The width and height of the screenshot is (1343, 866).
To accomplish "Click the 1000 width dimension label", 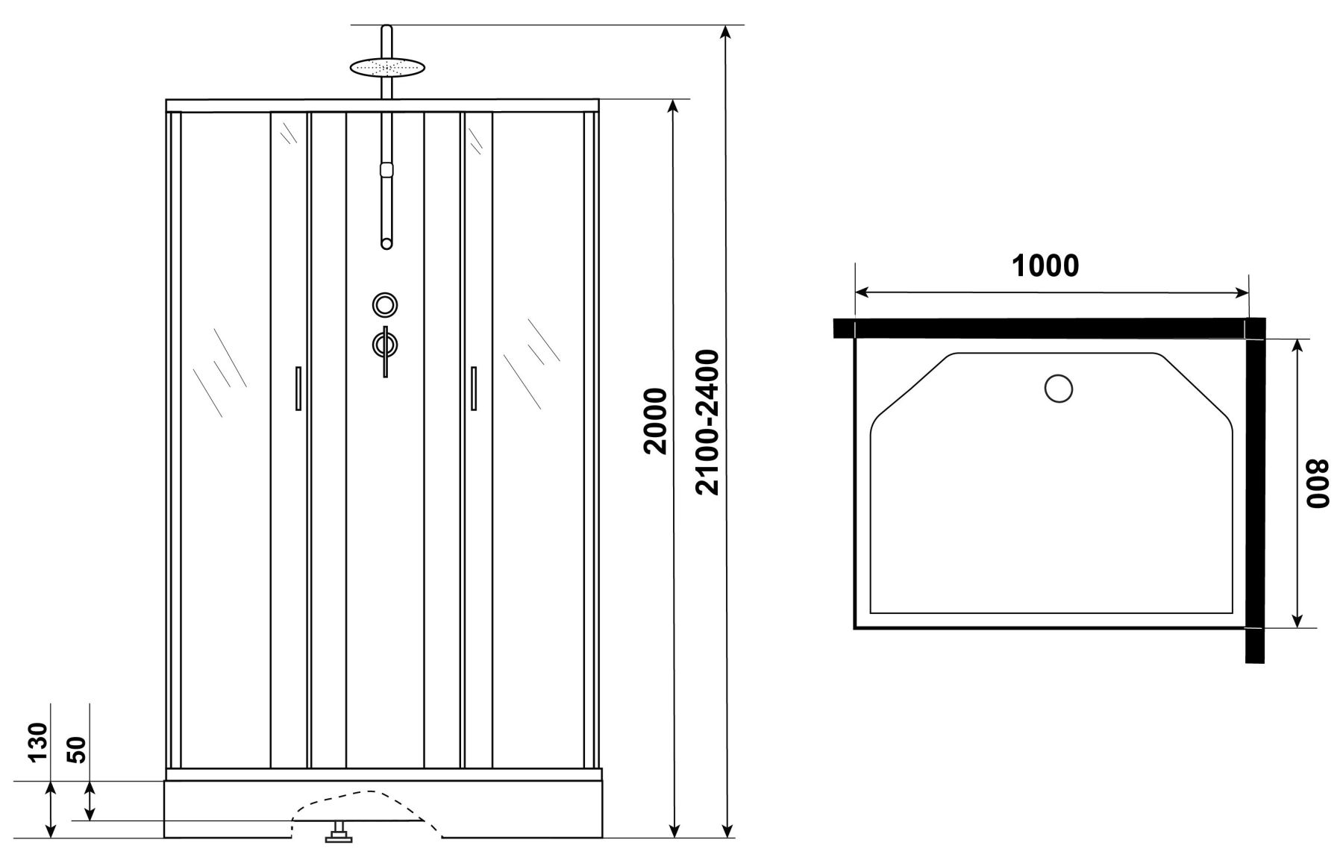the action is pyautogui.click(x=1045, y=266).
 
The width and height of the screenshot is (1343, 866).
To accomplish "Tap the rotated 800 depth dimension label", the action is pyautogui.click(x=1318, y=483).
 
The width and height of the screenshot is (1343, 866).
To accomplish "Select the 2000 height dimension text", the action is pyautogui.click(x=655, y=421).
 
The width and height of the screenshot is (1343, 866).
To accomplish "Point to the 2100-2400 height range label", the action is pyautogui.click(x=705, y=422).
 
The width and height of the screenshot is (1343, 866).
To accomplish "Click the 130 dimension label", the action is pyautogui.click(x=38, y=741).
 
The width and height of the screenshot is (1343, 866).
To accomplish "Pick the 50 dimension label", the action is pyautogui.click(x=78, y=748).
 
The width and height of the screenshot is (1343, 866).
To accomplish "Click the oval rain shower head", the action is pyautogui.click(x=386, y=67).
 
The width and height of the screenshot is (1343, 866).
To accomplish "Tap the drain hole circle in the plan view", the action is pyautogui.click(x=1059, y=389).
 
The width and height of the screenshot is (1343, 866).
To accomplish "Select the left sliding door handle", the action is pyautogui.click(x=298, y=387).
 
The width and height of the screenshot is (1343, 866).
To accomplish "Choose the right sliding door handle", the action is pyautogui.click(x=473, y=387).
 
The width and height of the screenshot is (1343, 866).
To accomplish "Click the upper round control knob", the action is pyautogui.click(x=385, y=304).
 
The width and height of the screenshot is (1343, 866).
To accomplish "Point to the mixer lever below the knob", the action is pyautogui.click(x=385, y=351).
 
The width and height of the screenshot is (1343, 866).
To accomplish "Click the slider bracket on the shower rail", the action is pyautogui.click(x=386, y=169).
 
